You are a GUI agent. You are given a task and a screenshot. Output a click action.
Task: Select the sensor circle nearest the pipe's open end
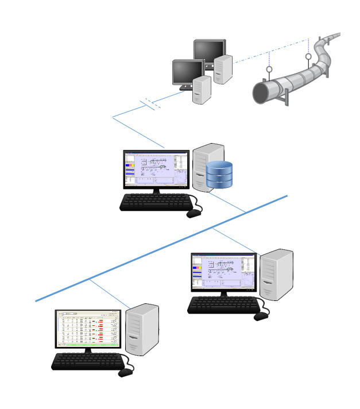coord(268,70)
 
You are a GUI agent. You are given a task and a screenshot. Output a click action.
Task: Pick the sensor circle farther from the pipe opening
coord(309,57)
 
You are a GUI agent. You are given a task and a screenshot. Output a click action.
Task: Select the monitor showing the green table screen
coord(88,329)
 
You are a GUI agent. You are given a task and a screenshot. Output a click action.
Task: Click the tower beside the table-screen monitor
coord(141,330)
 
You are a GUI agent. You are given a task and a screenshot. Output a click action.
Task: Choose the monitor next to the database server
coord(156,169)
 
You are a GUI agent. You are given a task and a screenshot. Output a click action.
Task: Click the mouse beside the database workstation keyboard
coord(194,214)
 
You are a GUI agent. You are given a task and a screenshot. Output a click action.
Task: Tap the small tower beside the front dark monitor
coord(202,90)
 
